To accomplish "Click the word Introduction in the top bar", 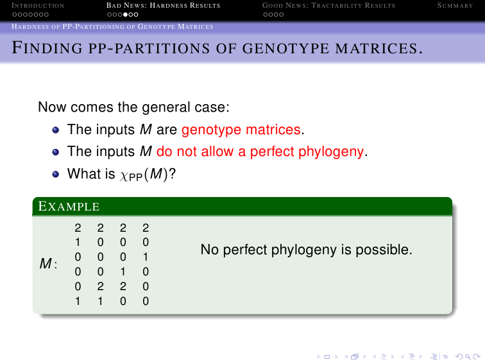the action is tap(38, 6).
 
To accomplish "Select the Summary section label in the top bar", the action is tap(455, 6).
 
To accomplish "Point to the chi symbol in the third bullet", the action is tap(124, 175).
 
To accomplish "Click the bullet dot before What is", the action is tap(56, 174).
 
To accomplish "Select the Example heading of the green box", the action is tap(69, 206).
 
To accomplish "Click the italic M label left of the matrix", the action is tap(46, 264).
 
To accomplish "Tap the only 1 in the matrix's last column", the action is tap(146, 257).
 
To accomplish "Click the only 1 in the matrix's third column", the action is tap(123, 272).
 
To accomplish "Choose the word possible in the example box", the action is tap(384, 250).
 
